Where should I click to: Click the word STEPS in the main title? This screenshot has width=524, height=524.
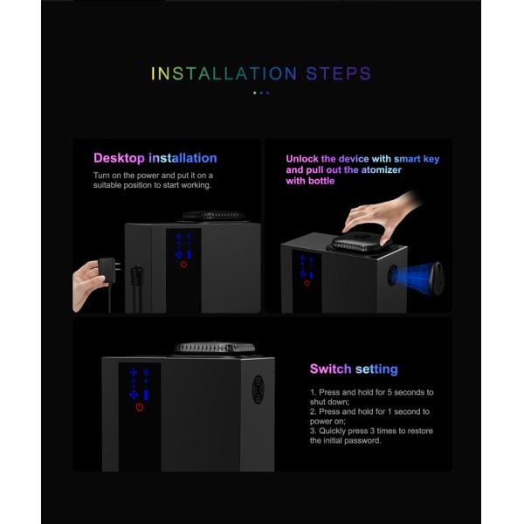click(x=338, y=73)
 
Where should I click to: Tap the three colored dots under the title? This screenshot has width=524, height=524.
click(x=261, y=92)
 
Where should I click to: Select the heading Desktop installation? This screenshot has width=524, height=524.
click(x=155, y=158)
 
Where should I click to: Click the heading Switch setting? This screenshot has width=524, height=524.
click(x=354, y=369)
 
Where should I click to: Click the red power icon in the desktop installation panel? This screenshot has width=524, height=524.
click(x=183, y=263)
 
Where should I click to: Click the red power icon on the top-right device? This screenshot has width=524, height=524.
click(x=306, y=281)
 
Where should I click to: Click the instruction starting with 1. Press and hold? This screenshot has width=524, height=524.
click(x=371, y=397)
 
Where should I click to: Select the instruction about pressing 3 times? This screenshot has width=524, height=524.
click(x=371, y=435)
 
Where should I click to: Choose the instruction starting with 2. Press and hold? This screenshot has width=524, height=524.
click(x=369, y=416)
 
